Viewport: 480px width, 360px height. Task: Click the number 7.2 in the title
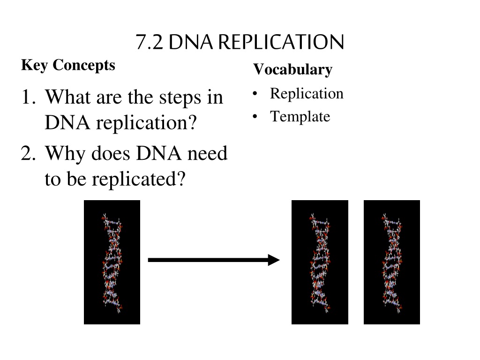click(x=149, y=42)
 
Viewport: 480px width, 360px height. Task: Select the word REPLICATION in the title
click(x=281, y=42)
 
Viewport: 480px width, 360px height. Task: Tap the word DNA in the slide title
click(x=190, y=42)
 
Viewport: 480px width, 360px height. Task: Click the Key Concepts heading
click(x=68, y=65)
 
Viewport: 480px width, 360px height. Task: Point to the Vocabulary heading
click(x=292, y=69)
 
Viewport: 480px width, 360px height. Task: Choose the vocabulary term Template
click(x=300, y=117)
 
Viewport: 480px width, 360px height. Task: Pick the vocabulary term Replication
click(x=307, y=94)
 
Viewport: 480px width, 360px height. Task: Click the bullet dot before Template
click(x=255, y=117)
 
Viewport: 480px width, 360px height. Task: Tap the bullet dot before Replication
click(x=255, y=93)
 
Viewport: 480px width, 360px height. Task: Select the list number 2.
click(x=28, y=153)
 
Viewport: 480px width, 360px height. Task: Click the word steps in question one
click(x=180, y=98)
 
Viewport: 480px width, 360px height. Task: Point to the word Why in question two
click(x=66, y=154)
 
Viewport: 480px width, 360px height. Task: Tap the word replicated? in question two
click(x=139, y=180)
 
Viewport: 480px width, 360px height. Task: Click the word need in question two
click(x=207, y=153)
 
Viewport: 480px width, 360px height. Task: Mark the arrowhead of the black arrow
click(x=274, y=260)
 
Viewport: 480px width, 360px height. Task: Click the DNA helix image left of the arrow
click(x=112, y=262)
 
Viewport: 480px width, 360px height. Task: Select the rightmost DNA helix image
click(x=392, y=262)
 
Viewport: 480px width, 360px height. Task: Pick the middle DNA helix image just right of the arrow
click(x=320, y=262)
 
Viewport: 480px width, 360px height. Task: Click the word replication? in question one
click(x=146, y=123)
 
